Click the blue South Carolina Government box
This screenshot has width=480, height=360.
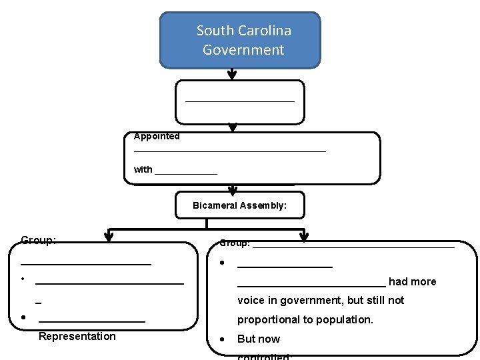tap(240, 40)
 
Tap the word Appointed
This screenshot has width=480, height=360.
tap(157, 136)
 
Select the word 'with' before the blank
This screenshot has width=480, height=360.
tap(143, 169)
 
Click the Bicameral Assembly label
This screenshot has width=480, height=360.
tap(239, 205)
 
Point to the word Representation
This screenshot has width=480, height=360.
tap(77, 336)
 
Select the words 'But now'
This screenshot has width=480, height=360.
tap(259, 339)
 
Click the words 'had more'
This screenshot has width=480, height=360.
tap(413, 281)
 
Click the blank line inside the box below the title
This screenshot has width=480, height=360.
tap(239, 101)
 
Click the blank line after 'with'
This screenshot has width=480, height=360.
tap(186, 173)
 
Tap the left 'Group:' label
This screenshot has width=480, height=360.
tap(38, 240)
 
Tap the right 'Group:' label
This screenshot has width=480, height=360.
tap(235, 243)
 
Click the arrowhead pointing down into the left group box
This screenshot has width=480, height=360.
tap(109, 236)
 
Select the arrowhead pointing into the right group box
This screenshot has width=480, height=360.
tap(304, 236)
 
